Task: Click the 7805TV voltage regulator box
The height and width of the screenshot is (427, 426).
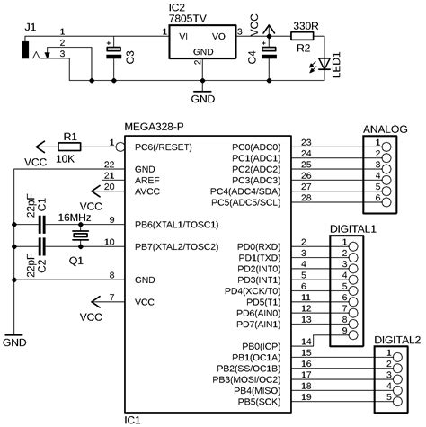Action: pyautogui.click(x=204, y=43)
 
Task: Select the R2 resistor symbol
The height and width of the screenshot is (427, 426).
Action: pyautogui.click(x=301, y=35)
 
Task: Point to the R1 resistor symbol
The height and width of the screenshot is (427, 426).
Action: pyautogui.click(x=68, y=144)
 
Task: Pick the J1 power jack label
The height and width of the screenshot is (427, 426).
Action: pyautogui.click(x=31, y=28)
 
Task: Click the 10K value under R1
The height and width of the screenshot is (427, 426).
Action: pyautogui.click(x=66, y=158)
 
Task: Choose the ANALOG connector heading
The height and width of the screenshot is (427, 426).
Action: pyautogui.click(x=386, y=129)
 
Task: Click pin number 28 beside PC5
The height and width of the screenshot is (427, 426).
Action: pyautogui.click(x=306, y=197)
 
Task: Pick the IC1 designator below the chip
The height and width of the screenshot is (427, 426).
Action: pyautogui.click(x=133, y=418)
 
